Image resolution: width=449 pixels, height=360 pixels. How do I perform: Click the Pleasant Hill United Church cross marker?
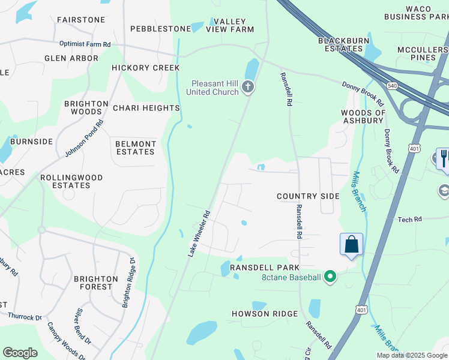click(247, 88)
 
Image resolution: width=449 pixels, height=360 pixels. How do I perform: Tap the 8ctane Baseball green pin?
click(330, 277)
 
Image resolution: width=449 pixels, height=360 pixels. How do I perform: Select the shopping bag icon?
click(351, 244)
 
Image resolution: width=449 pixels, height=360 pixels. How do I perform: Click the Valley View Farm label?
click(230, 25)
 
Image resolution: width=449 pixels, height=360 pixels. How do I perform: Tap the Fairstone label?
click(81, 20)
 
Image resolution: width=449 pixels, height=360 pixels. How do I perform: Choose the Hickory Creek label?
click(145, 68)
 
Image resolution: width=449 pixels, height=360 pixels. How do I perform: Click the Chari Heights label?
click(146, 108)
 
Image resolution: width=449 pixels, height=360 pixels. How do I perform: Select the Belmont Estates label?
click(136, 148)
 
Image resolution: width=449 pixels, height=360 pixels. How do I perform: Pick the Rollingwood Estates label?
click(71, 181)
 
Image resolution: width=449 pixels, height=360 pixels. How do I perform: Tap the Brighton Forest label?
click(96, 283)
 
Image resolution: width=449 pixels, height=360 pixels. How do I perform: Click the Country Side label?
click(308, 196)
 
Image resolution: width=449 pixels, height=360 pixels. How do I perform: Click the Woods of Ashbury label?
click(363, 116)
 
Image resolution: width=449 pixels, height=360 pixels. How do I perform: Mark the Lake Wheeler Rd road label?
click(199, 233)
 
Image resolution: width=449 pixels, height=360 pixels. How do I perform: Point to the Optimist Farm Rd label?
click(85, 44)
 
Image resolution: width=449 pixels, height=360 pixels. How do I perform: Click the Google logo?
click(20, 353)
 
